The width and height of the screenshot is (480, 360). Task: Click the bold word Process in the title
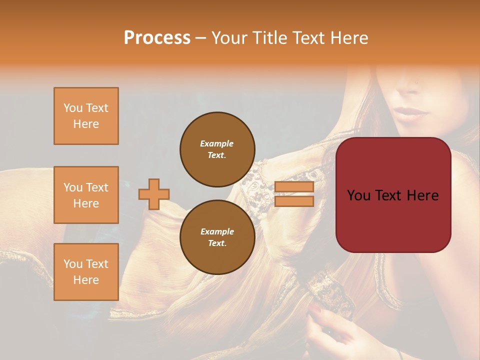tap(157, 37)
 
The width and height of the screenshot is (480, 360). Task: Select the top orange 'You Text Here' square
tap(86, 116)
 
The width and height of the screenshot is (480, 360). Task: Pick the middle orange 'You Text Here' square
tap(86, 195)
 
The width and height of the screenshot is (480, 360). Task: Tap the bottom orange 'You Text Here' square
tap(86, 272)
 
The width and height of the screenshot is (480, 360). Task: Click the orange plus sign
tap(154, 194)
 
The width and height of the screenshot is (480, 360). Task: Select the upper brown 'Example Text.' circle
tap(217, 149)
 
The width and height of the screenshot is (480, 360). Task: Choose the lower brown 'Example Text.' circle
tap(217, 237)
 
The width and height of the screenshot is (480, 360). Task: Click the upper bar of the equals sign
tap(294, 187)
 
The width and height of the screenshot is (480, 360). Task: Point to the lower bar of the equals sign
tap(294, 201)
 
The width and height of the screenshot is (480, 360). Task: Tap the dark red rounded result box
tap(393, 195)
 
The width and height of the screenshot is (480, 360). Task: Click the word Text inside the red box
tap(393, 195)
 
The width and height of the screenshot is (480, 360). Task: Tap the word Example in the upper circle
tap(217, 143)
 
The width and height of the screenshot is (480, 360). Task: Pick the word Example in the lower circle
tap(217, 231)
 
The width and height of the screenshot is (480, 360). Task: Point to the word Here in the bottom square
tap(86, 280)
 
